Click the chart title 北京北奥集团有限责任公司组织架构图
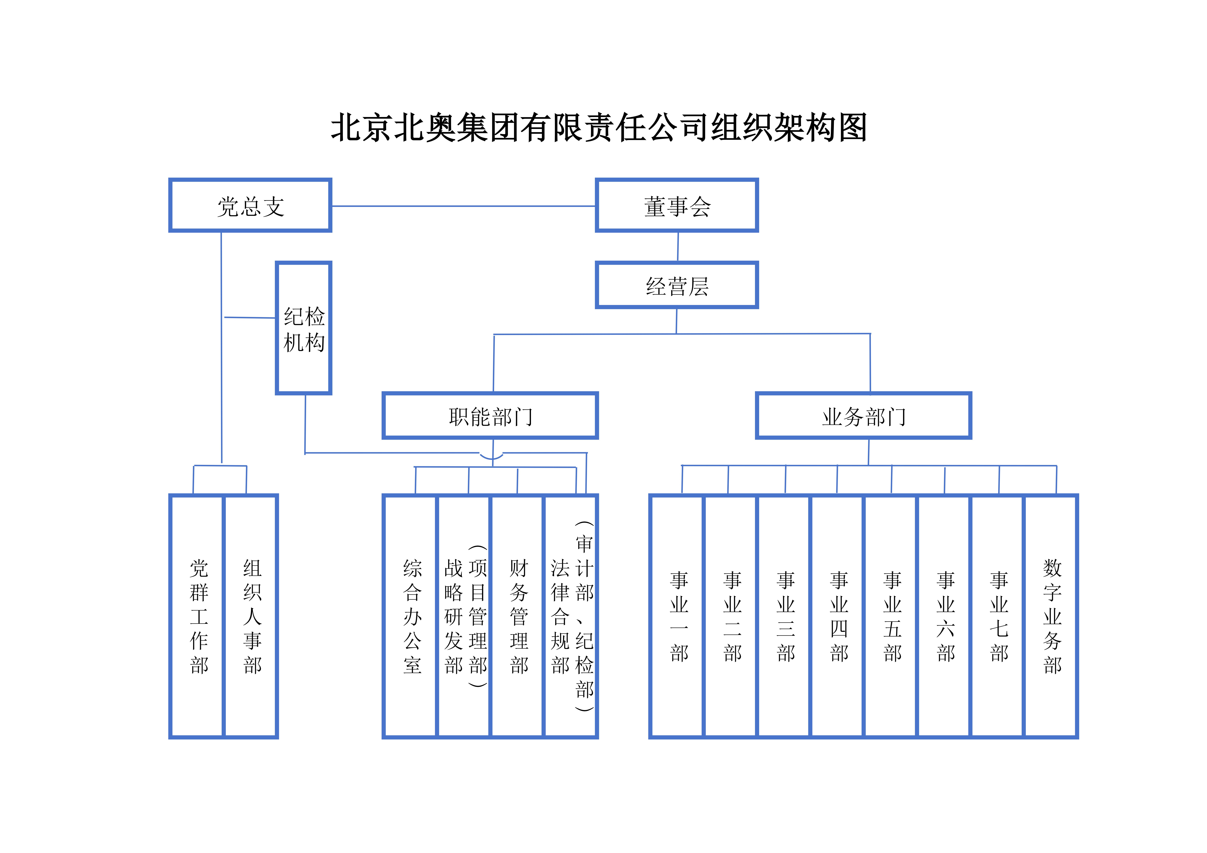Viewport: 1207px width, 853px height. [x=598, y=128]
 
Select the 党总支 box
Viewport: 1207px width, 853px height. [x=250, y=206]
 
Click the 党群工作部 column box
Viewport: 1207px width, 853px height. [x=198, y=616]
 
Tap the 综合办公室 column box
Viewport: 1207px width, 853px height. [x=411, y=616]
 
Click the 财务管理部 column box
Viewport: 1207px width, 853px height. [x=518, y=616]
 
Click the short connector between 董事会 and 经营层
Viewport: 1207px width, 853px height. [x=678, y=247]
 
